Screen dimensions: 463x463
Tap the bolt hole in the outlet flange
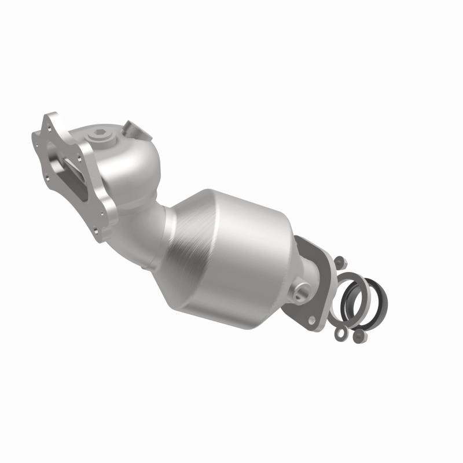pos(313,319)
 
